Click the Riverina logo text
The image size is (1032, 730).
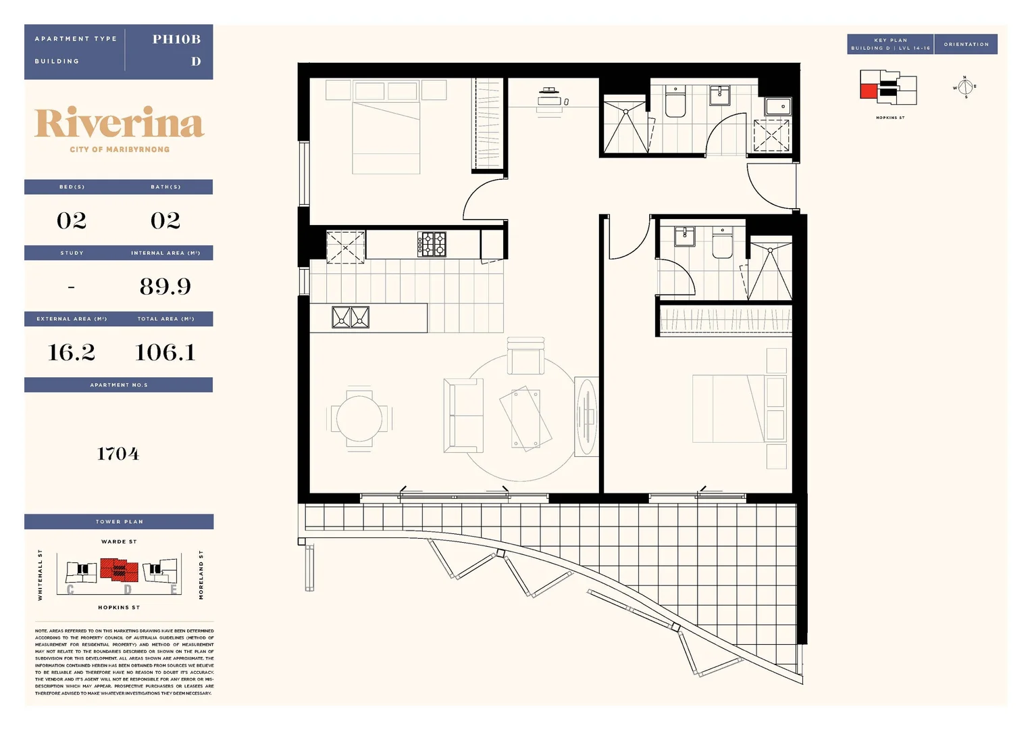[x=119, y=124]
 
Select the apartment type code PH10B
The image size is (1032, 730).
[x=176, y=39]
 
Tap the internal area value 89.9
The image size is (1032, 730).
[x=165, y=287]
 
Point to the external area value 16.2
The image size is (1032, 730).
[x=72, y=352]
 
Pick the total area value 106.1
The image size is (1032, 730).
[x=165, y=352]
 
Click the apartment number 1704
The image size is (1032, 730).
[x=118, y=454]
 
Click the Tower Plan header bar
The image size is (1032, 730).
[x=119, y=522]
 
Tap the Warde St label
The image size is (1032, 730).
[x=119, y=541]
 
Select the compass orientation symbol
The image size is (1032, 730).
[x=965, y=87]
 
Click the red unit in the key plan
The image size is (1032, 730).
[x=868, y=91]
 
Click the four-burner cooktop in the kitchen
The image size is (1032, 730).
[x=432, y=244]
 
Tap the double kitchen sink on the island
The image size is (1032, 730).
[x=351, y=317]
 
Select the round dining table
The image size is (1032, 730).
[x=359, y=418]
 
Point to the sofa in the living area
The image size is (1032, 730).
[x=463, y=415]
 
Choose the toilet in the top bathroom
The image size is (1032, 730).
[x=675, y=102]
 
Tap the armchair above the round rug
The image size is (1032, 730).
[x=525, y=356]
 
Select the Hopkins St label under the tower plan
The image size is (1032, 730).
[x=119, y=608]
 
